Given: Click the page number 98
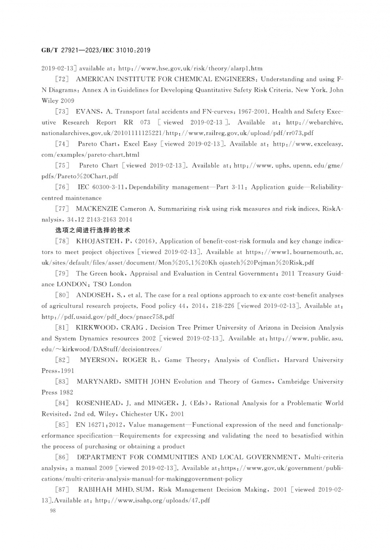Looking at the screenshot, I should (53, 511).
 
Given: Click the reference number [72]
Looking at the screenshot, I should (62, 79).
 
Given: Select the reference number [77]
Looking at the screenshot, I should (62, 209).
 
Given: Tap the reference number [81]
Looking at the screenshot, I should (62, 328).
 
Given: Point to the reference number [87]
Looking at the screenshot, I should (62, 490).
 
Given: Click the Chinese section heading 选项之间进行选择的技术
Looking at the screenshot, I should (92, 230).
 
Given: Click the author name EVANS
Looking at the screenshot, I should (88, 112).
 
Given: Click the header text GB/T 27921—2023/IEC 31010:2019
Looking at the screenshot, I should (96, 50).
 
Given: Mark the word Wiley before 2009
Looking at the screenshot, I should (50, 101).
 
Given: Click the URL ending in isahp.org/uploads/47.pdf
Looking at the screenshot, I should (153, 500).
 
